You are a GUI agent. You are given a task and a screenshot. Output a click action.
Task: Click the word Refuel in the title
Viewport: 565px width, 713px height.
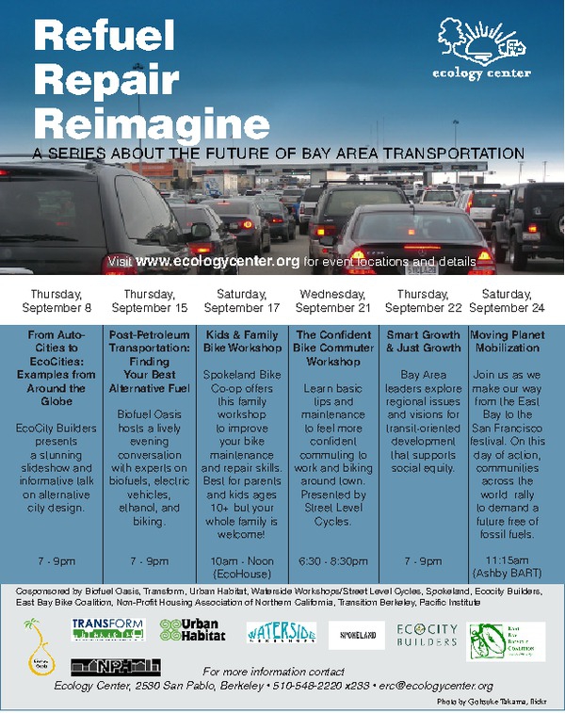pyautogui.click(x=104, y=35)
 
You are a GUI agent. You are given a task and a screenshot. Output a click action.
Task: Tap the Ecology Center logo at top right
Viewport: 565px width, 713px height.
pyautogui.click(x=482, y=48)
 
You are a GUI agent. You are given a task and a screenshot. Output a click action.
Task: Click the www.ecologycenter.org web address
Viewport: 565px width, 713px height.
pyautogui.click(x=218, y=260)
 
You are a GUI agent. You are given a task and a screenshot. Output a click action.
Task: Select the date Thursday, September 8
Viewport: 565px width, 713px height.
pyautogui.click(x=60, y=300)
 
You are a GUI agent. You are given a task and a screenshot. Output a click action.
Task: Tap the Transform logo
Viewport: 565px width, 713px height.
pyautogui.click(x=107, y=629)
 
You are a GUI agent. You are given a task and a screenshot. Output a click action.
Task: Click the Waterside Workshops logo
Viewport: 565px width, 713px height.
pyautogui.click(x=281, y=633)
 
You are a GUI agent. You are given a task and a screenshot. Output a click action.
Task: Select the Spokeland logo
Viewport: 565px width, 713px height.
pyautogui.click(x=357, y=636)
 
